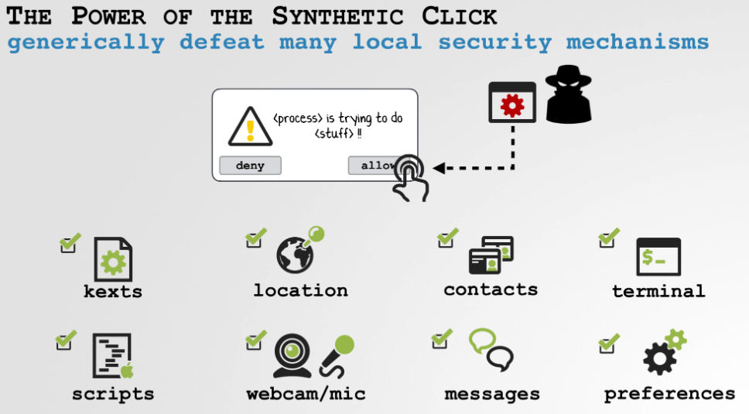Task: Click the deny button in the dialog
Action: click(x=250, y=166)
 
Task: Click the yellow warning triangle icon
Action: click(x=250, y=125)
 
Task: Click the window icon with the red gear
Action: click(x=512, y=102)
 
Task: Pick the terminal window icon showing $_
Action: click(x=658, y=257)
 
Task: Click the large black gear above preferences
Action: click(x=659, y=358)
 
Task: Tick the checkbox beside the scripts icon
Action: click(x=64, y=342)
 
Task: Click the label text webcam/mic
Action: click(x=306, y=394)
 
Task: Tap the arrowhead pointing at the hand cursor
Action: click(x=439, y=168)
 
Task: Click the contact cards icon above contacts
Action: click(x=491, y=255)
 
